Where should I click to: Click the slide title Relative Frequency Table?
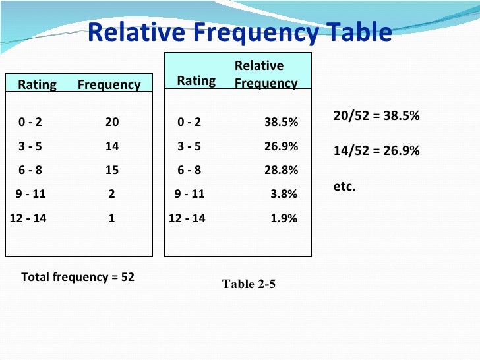[239, 33]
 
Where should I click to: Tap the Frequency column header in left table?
[109, 84]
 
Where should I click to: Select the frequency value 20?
[112, 122]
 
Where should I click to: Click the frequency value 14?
[112, 146]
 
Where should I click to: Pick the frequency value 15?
[112, 170]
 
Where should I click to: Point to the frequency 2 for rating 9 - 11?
[112, 195]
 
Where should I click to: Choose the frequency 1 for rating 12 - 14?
[112, 218]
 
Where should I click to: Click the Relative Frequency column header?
[266, 75]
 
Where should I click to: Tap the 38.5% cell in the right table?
[281, 122]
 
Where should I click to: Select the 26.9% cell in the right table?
[281, 146]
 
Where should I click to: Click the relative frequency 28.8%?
[281, 170]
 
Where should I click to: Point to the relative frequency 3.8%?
[284, 195]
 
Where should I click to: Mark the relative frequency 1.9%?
[284, 218]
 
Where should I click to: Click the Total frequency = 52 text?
[78, 277]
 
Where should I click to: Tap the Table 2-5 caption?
[249, 284]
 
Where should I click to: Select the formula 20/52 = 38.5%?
[376, 117]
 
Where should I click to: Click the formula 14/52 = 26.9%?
[376, 150]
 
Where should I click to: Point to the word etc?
[344, 187]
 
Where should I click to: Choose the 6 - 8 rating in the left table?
[30, 170]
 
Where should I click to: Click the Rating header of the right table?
[196, 80]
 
